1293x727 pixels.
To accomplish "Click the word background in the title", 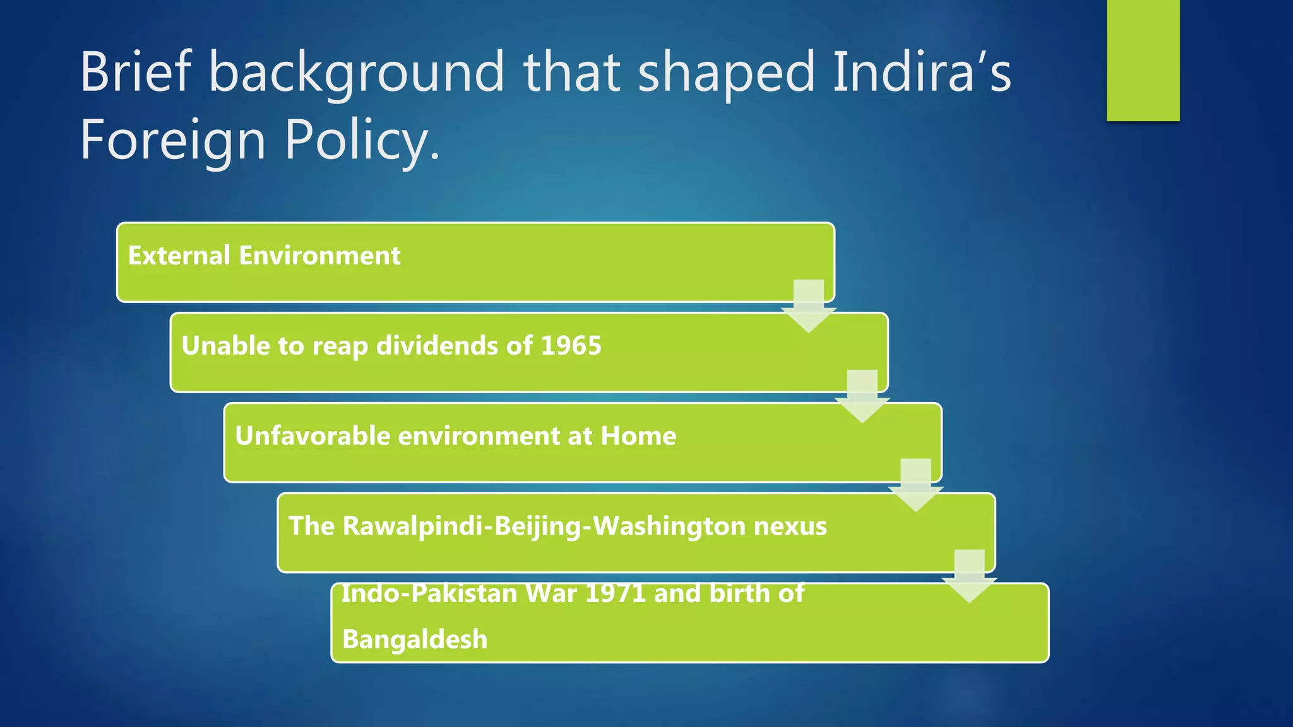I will [x=356, y=73].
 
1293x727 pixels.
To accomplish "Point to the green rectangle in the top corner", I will [x=1143, y=60].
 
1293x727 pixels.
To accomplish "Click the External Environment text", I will [x=264, y=256].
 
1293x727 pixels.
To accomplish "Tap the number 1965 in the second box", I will [x=571, y=346].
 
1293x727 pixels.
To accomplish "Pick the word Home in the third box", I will [x=638, y=436].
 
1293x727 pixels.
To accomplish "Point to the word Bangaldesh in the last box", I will [x=415, y=639].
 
